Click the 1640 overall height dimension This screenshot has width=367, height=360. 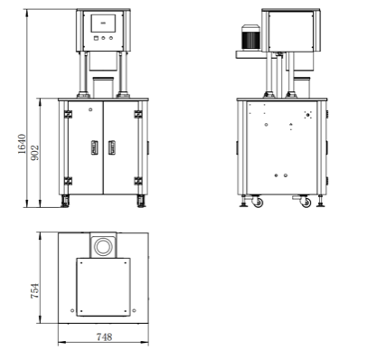pos(22,144)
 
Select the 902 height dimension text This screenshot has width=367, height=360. pos(35,153)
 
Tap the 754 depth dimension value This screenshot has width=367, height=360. pos(34,291)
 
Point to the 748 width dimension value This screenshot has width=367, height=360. pos(104,336)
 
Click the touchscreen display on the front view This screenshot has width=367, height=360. pos(103,24)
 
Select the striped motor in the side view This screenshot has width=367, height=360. pos(250,37)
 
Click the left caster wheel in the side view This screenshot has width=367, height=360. pos(257,202)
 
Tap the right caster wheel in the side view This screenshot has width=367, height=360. pos(306,203)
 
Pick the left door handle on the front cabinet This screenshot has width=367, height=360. pos(95,147)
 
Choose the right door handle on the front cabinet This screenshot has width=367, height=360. pos(112,147)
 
